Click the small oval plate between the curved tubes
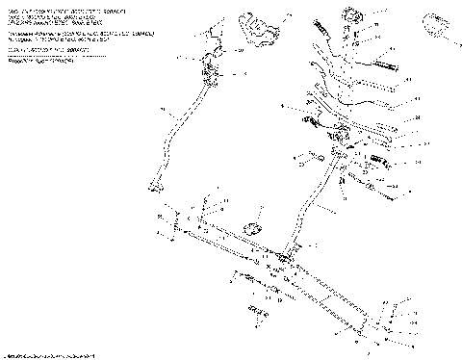coord(255,227)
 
